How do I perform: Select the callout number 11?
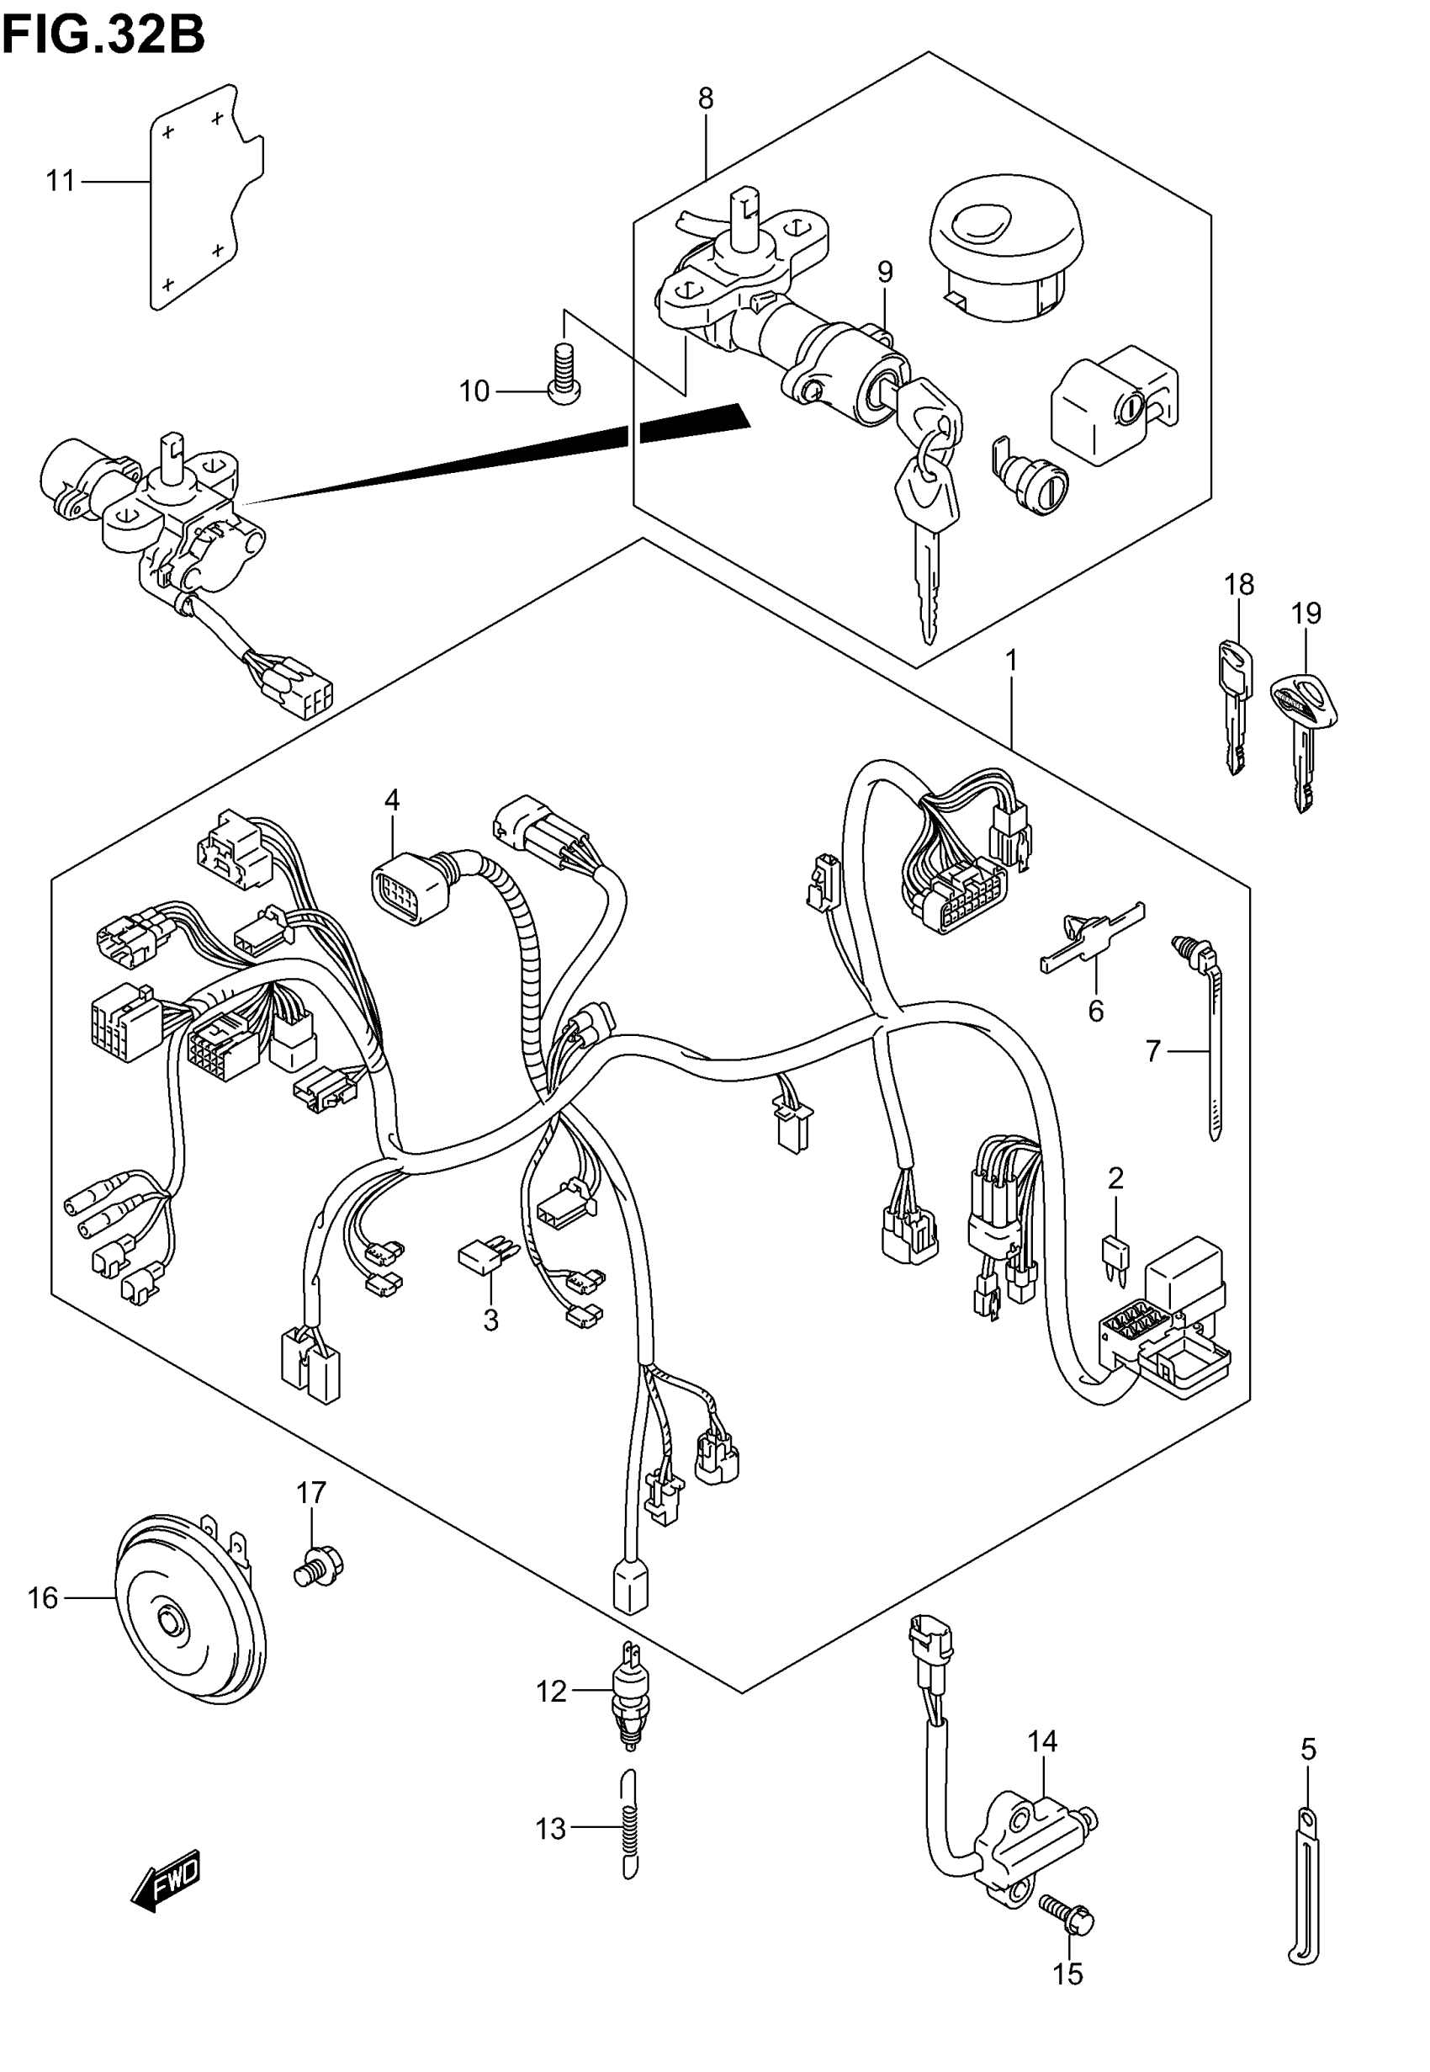click(x=60, y=182)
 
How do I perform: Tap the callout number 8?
click(x=705, y=98)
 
